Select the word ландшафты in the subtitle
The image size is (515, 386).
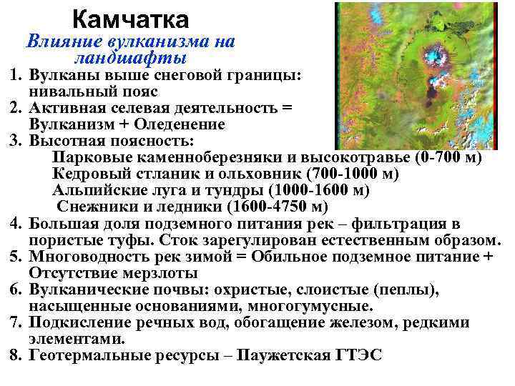(129, 57)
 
